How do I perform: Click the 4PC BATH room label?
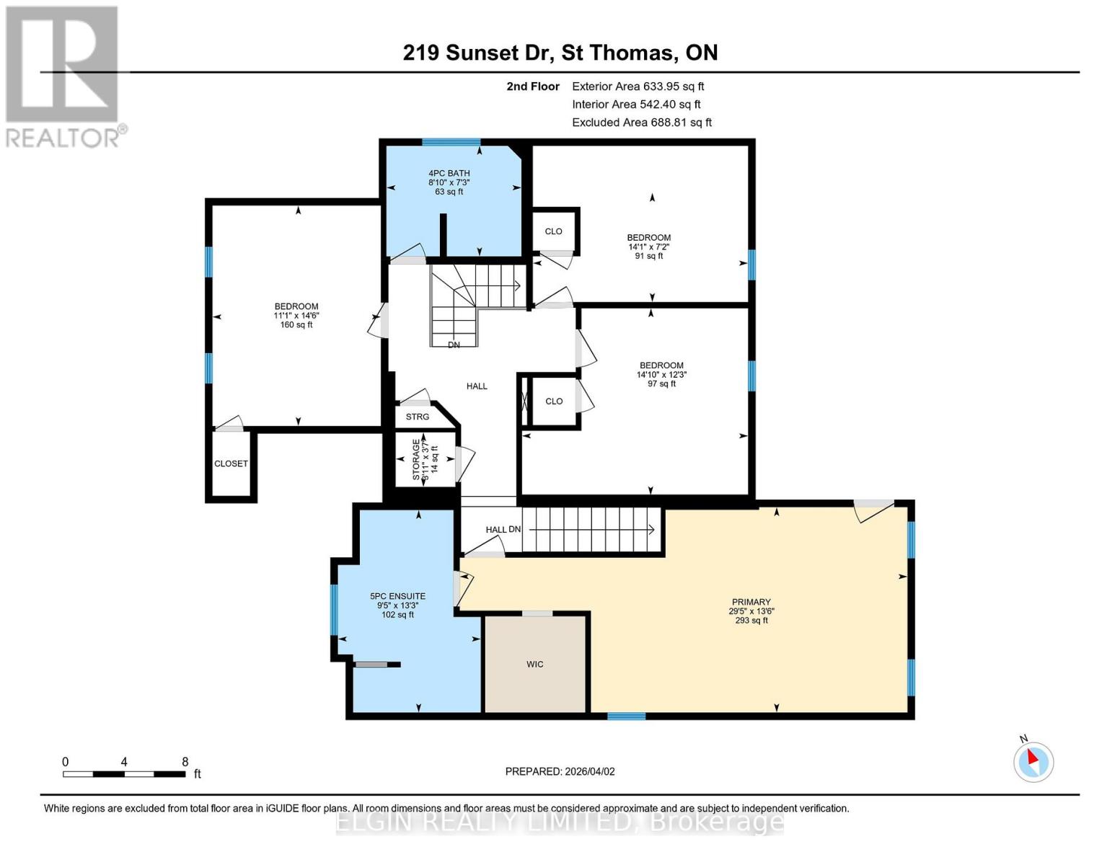click(449, 173)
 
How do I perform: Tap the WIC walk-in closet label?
click(534, 664)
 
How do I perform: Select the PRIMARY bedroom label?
click(751, 602)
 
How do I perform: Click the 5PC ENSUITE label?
click(397, 596)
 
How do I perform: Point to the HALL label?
click(477, 386)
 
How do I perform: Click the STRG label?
click(417, 417)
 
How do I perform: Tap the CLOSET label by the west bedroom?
click(231, 463)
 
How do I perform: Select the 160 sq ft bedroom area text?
click(296, 325)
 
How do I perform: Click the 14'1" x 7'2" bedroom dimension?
click(648, 247)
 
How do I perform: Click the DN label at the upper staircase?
click(454, 345)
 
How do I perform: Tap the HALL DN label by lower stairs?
click(503, 530)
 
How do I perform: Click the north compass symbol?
click(1033, 761)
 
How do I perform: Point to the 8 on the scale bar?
click(185, 762)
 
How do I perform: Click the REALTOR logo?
click(63, 76)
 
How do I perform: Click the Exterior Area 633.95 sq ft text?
click(638, 86)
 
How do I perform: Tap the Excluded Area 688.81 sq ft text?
click(641, 123)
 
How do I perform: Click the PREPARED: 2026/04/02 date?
click(560, 771)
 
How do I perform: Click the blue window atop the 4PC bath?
click(451, 142)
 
